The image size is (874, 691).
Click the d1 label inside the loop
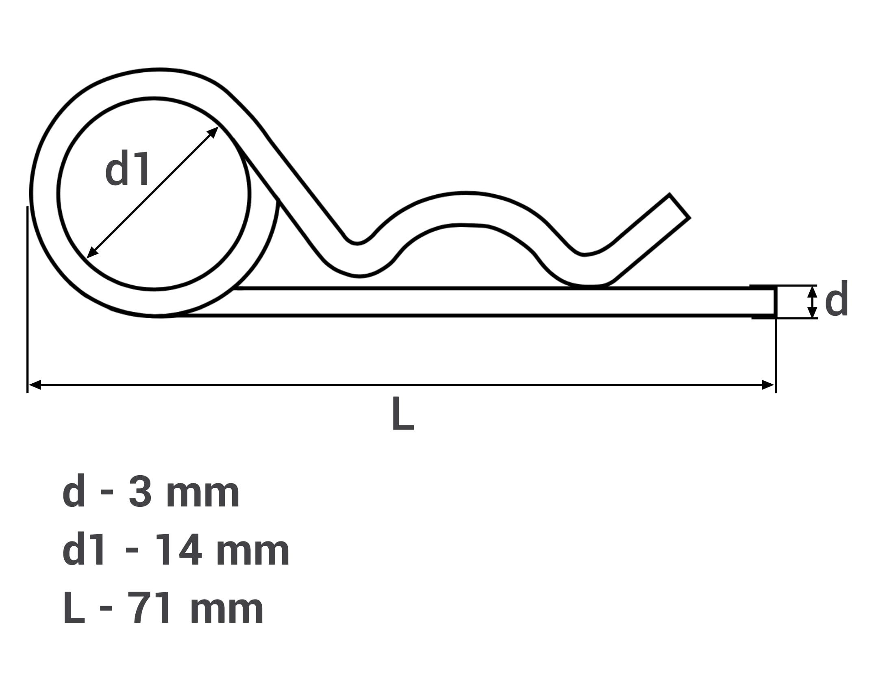click(x=128, y=168)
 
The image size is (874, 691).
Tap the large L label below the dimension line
click(x=403, y=413)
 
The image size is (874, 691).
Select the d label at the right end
click(x=837, y=298)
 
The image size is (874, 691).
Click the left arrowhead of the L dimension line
click(x=35, y=385)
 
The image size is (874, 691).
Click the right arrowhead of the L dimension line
click(x=767, y=385)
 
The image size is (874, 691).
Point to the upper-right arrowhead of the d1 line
click(x=213, y=132)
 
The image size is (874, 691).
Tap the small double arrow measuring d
click(x=812, y=302)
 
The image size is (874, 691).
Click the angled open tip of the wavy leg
click(x=679, y=206)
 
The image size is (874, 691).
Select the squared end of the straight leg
click(x=775, y=302)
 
